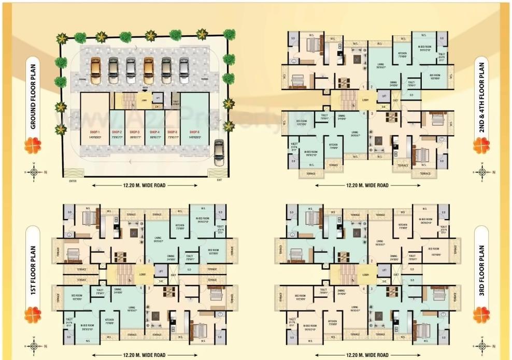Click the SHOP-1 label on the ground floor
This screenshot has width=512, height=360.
tap(94, 132)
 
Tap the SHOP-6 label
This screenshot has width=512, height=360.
tap(194, 132)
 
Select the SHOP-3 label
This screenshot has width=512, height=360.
tap(136, 132)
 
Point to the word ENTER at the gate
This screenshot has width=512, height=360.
tap(73, 181)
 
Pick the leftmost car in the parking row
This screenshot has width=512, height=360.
tap(96, 70)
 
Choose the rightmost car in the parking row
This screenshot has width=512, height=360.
tap(184, 70)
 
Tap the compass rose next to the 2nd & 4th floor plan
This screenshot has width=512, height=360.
tap(482, 172)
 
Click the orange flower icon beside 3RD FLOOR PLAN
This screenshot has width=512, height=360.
tap(482, 314)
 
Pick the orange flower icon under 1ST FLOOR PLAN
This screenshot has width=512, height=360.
tap(33, 314)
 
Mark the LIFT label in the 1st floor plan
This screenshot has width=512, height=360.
tap(161, 271)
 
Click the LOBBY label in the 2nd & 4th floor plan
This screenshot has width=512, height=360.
tap(365, 99)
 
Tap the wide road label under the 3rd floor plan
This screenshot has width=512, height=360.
tap(367, 355)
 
